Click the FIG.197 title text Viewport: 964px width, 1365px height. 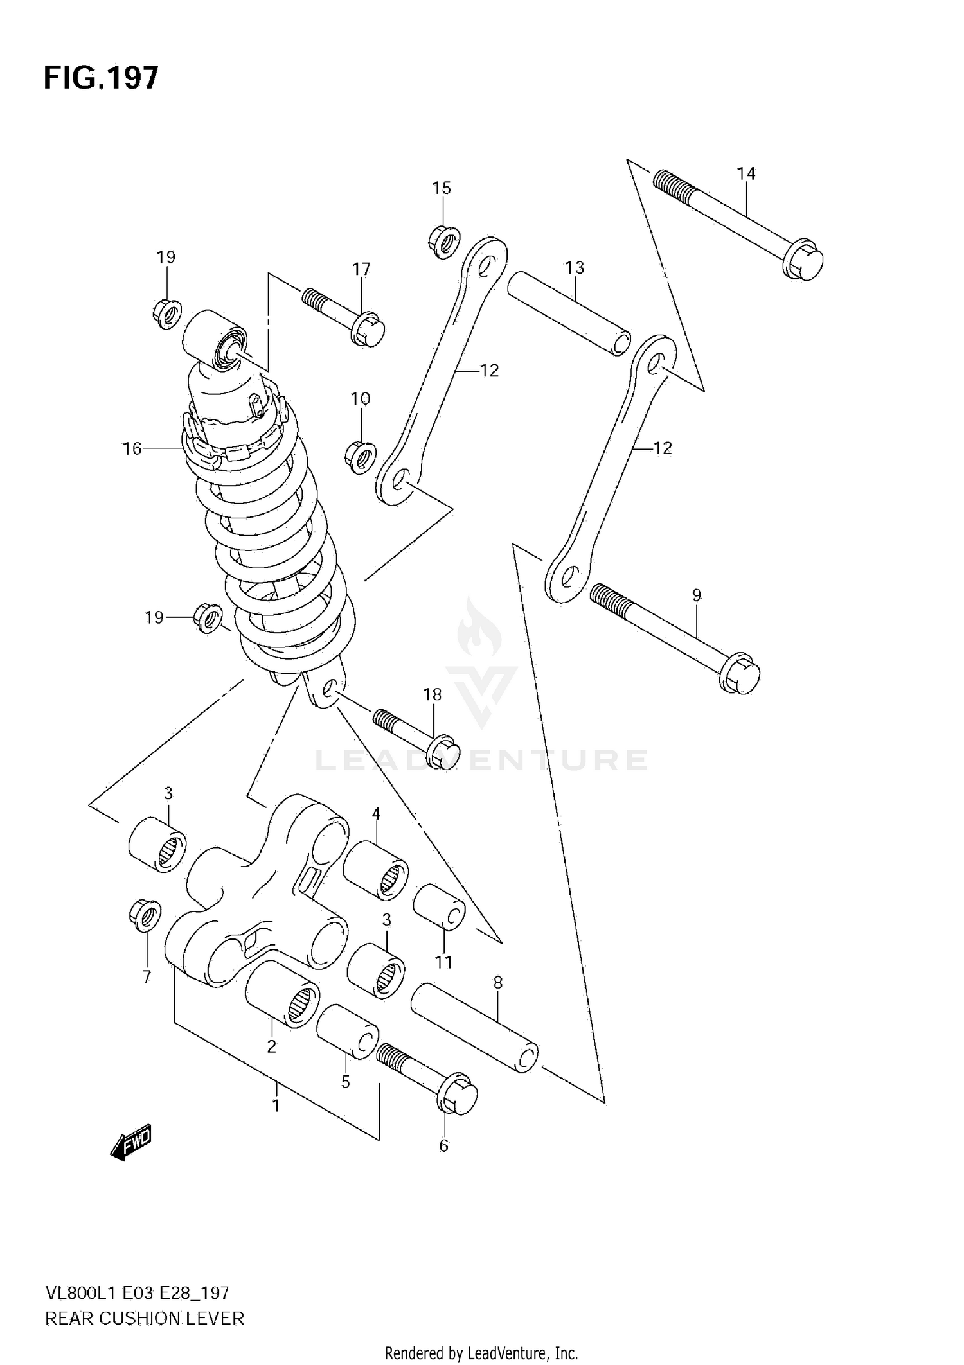pos(100,78)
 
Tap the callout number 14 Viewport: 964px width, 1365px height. pos(746,173)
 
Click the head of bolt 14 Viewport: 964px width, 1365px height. pos(803,260)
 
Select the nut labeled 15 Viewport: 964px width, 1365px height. pos(443,242)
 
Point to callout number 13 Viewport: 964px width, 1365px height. pos(575,267)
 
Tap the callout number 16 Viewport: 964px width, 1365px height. pos(132,448)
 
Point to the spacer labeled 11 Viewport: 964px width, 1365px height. pos(439,907)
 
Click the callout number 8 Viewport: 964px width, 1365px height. pos(498,983)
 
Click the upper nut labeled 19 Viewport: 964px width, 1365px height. pos(167,313)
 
